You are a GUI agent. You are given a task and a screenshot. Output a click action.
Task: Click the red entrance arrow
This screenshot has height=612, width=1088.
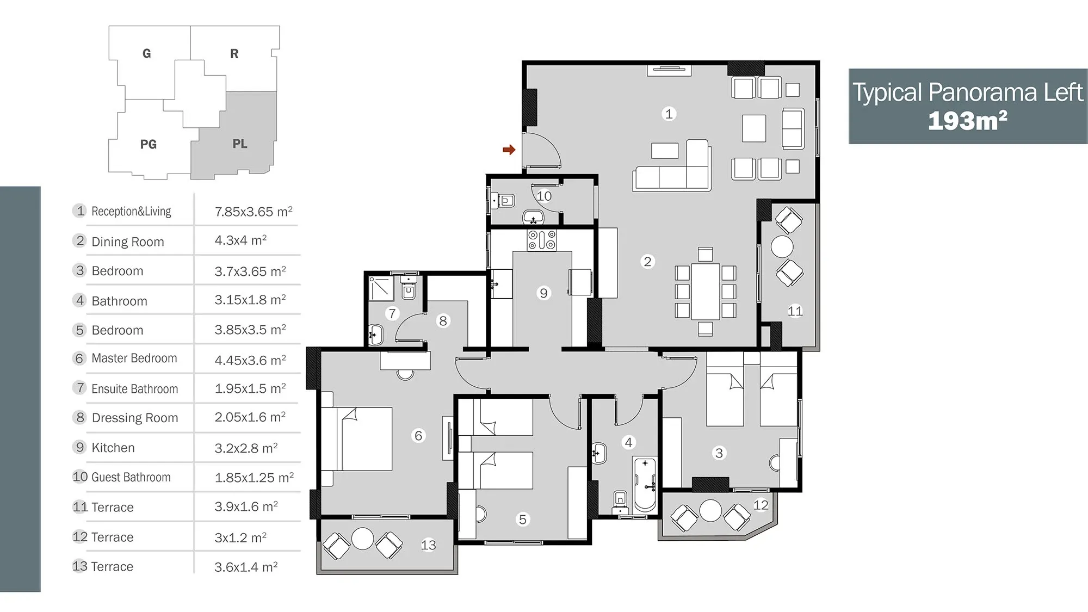click(x=509, y=150)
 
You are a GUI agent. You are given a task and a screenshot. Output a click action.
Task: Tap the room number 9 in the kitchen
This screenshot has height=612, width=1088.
click(x=543, y=293)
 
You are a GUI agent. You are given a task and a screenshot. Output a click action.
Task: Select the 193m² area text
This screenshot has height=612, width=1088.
click(x=967, y=121)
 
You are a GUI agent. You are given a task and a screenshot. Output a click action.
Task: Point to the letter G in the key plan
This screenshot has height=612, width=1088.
click(x=146, y=53)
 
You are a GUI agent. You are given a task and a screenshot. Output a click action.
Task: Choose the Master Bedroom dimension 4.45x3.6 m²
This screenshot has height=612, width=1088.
click(x=250, y=360)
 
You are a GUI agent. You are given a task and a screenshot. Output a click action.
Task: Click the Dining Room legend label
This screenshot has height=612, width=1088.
click(x=128, y=242)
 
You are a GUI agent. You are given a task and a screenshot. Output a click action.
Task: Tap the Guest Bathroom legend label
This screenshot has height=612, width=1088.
click(x=131, y=477)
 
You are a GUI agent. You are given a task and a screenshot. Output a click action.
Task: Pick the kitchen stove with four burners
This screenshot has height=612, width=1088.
click(x=542, y=240)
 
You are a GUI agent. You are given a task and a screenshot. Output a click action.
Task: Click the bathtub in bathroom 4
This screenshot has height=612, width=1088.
click(x=645, y=484)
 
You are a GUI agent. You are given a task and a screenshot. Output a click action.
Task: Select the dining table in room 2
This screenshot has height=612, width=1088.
click(x=705, y=291)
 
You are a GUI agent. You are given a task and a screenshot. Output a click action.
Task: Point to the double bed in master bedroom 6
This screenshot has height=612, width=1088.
click(x=357, y=438)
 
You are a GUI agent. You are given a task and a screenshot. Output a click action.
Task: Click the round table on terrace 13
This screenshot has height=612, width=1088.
click(x=362, y=539)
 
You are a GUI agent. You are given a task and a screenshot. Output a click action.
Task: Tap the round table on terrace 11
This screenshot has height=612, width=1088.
click(x=782, y=246)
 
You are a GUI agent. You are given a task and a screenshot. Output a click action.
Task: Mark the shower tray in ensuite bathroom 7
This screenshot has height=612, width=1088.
click(x=381, y=288)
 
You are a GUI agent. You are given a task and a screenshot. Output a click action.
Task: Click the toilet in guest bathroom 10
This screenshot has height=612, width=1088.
click(x=503, y=201)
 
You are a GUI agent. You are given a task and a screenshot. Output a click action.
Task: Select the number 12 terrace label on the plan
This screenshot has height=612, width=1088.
click(x=761, y=505)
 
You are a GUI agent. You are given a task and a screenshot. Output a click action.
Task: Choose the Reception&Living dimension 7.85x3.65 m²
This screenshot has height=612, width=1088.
click(x=254, y=211)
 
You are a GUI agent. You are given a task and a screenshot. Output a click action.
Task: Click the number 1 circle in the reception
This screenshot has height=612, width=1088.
click(x=669, y=114)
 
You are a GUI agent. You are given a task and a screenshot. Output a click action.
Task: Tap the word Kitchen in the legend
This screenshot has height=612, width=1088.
click(x=113, y=448)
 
